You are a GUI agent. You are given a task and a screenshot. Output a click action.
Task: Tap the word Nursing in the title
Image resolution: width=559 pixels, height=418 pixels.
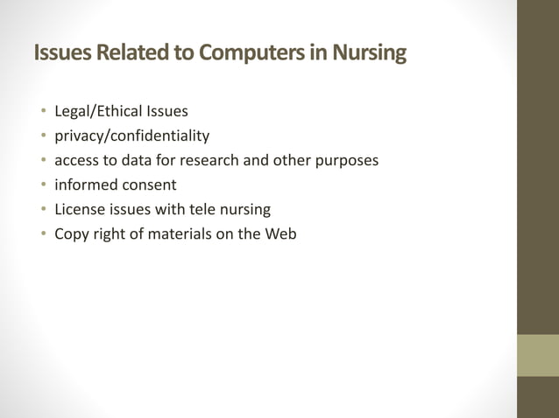369,54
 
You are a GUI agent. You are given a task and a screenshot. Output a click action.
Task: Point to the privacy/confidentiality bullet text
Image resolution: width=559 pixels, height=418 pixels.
131,136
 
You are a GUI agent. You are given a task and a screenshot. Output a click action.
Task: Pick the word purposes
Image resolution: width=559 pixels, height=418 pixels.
346,161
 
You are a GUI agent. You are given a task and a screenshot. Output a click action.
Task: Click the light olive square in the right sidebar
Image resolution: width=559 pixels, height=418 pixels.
538,355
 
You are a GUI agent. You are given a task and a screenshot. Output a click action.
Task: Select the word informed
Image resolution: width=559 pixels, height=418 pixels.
84,185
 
